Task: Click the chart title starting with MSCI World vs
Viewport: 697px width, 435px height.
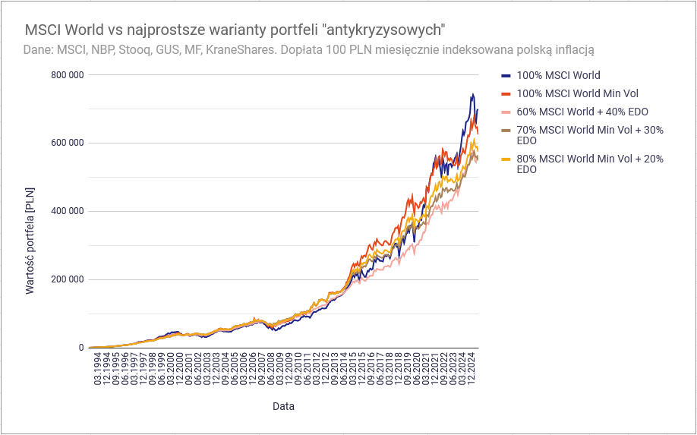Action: [235, 30]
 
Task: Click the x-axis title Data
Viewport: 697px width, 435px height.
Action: [283, 406]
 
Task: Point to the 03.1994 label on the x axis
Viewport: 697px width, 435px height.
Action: [97, 369]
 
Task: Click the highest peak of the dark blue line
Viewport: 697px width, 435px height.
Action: [472, 94]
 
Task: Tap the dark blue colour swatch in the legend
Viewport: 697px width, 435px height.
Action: [506, 75]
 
